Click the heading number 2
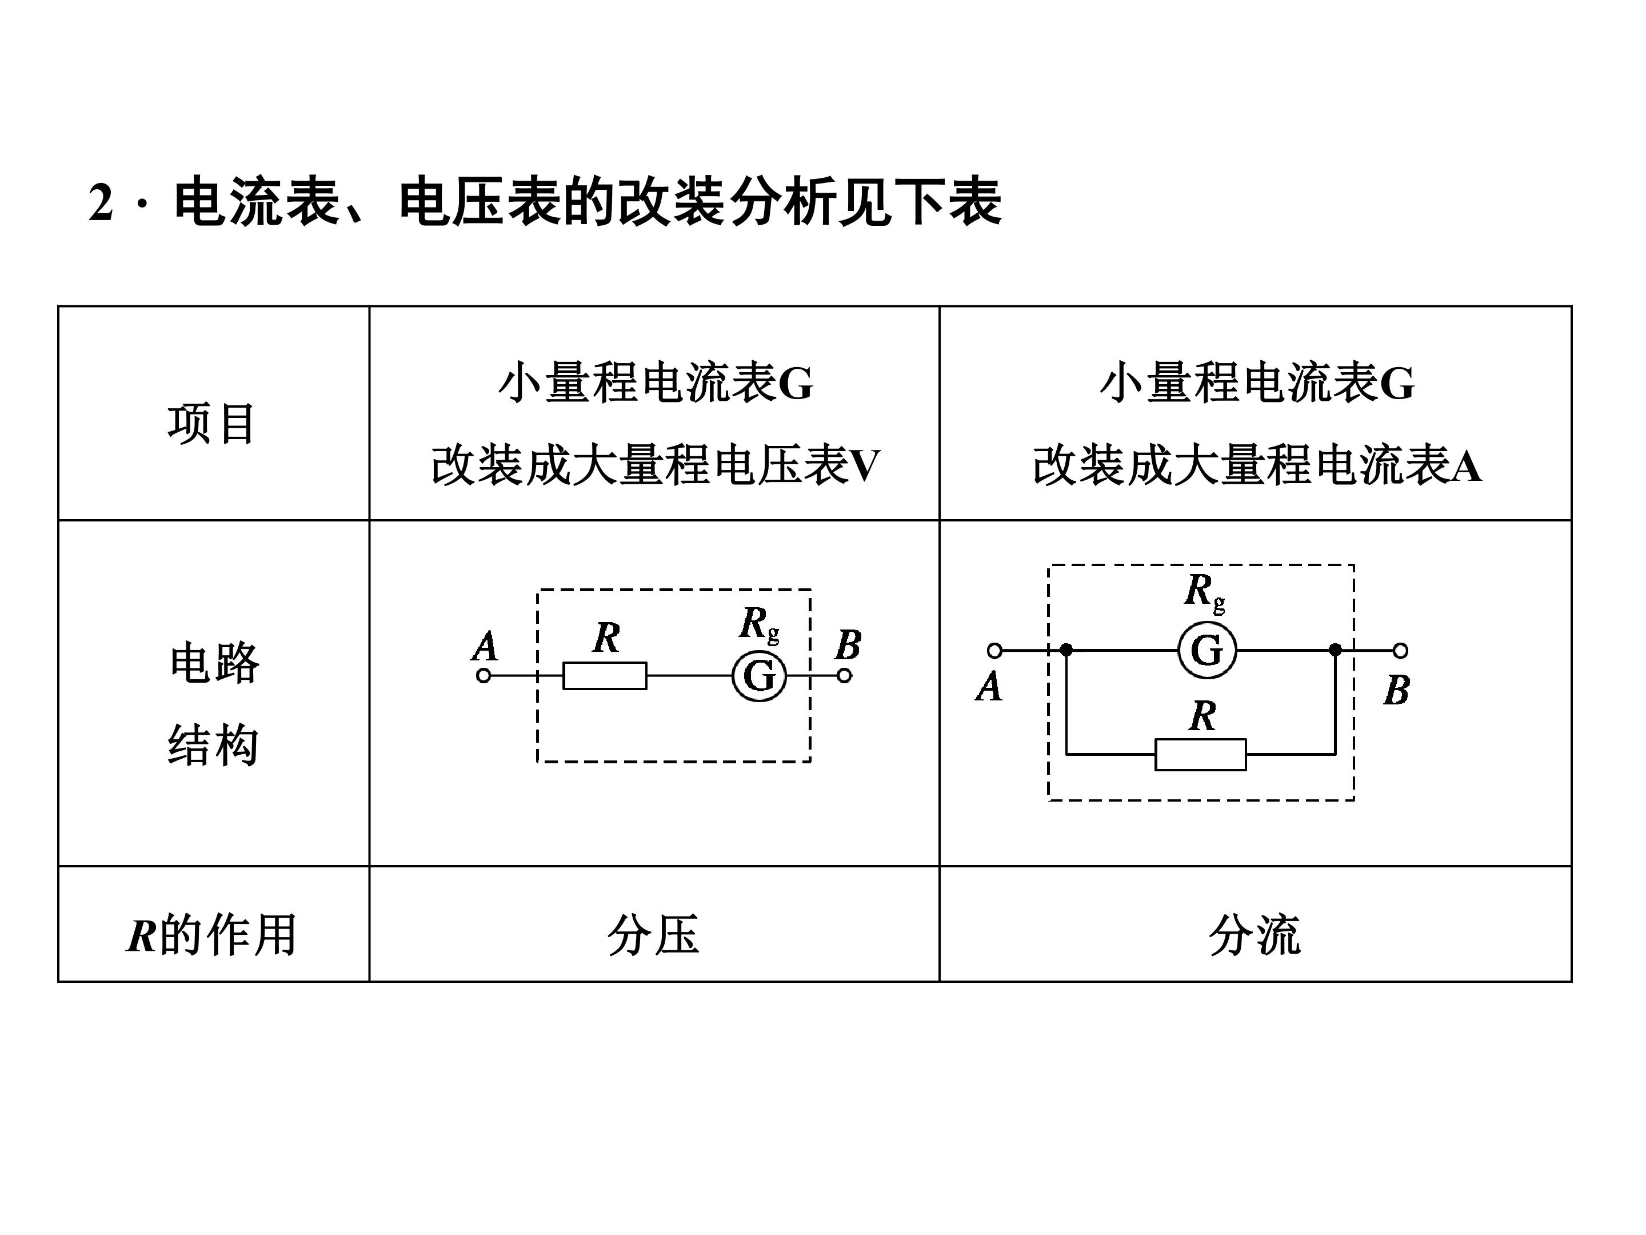tap(101, 202)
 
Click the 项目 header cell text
tap(212, 424)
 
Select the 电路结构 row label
tap(214, 703)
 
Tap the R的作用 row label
tap(212, 934)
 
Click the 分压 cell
tap(653, 934)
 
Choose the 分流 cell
tap(1255, 934)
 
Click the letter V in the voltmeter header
tap(865, 466)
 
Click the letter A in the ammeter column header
tap(1466, 466)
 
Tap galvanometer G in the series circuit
tap(759, 676)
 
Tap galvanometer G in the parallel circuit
tap(1207, 651)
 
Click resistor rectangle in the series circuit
tap(605, 676)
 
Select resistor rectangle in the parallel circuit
tap(1200, 755)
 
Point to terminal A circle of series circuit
tap(484, 676)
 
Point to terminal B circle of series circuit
tap(844, 676)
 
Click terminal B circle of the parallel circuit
tap(1400, 651)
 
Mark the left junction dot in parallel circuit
tap(1066, 650)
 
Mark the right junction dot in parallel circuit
tap(1336, 650)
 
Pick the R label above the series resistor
tap(606, 638)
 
